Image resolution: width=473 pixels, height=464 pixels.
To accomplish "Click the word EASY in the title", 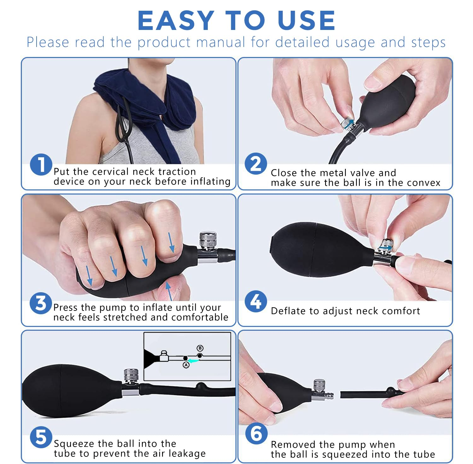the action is tap(176, 20).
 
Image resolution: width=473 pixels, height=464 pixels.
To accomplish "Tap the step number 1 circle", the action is tap(41, 165).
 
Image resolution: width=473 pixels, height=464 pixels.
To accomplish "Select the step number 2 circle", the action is tap(256, 164).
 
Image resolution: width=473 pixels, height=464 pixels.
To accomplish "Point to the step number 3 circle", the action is tap(41, 303).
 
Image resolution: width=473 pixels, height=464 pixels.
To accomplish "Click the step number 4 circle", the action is tap(256, 301).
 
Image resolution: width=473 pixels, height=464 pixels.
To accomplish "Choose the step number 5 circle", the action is tap(41, 437).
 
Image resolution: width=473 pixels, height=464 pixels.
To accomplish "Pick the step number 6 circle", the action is tap(256, 433).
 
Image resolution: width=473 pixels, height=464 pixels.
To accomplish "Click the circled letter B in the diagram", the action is tap(200, 348).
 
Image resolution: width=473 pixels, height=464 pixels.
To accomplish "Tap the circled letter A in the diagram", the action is tap(186, 365).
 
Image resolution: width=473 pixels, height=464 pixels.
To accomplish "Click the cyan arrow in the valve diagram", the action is tap(193, 360).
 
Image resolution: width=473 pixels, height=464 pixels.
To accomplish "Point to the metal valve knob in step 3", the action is tap(208, 240).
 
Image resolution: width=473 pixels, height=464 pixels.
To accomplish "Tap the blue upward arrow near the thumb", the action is tap(169, 291).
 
